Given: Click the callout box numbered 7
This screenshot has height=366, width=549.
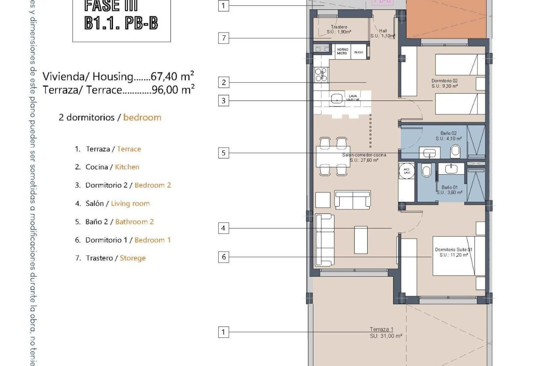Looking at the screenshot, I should pyautogui.click(x=224, y=38).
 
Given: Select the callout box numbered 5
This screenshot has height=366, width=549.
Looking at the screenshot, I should pyautogui.click(x=224, y=153).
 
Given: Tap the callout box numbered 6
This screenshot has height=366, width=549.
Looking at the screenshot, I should pyautogui.click(x=224, y=257).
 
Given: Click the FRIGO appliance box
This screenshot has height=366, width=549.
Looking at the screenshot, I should pyautogui.click(x=359, y=52).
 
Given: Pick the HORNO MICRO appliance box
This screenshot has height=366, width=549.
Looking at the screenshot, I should pyautogui.click(x=342, y=51).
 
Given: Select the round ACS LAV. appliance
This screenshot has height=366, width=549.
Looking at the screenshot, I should pyautogui.click(x=407, y=171).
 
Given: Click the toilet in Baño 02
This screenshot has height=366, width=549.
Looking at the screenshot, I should pyautogui.click(x=455, y=151).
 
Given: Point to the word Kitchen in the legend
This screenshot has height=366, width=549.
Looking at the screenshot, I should pyautogui.click(x=127, y=167).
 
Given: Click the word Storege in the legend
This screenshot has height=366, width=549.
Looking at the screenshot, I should pyautogui.click(x=133, y=258).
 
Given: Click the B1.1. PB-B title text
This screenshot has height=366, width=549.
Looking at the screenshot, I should pyautogui.click(x=121, y=23).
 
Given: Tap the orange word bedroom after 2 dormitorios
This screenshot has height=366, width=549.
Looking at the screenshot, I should pyautogui.click(x=142, y=118).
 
